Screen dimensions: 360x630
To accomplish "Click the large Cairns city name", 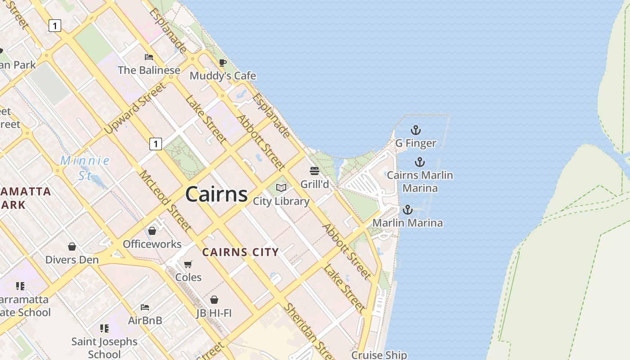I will [x=216, y=194].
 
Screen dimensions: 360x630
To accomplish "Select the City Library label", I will [x=281, y=201].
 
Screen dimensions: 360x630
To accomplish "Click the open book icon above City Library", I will [x=281, y=188].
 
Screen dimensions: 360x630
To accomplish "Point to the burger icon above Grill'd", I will [x=314, y=171].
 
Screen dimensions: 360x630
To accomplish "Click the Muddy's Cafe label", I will [x=223, y=76].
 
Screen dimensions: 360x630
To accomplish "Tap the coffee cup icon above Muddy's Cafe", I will [x=222, y=63].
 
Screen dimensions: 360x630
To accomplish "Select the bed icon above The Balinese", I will [x=149, y=57].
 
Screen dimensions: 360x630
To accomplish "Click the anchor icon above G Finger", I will [x=416, y=130].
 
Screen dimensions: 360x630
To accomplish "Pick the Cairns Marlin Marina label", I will [x=420, y=181].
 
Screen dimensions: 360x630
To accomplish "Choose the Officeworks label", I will [x=152, y=244].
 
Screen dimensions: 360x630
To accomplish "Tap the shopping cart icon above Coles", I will [x=188, y=264].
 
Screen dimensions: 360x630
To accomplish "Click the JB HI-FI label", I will [x=214, y=313].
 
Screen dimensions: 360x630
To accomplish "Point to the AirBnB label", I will [x=145, y=320].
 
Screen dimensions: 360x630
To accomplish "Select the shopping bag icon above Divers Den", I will [x=72, y=247].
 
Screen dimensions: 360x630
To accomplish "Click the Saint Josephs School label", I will [x=104, y=347].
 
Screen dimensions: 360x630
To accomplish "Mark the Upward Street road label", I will [x=135, y=108].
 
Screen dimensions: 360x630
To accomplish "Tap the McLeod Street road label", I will [x=165, y=201].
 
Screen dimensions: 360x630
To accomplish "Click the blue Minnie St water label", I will [x=85, y=167].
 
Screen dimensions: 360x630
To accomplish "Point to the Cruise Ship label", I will [x=379, y=355].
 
